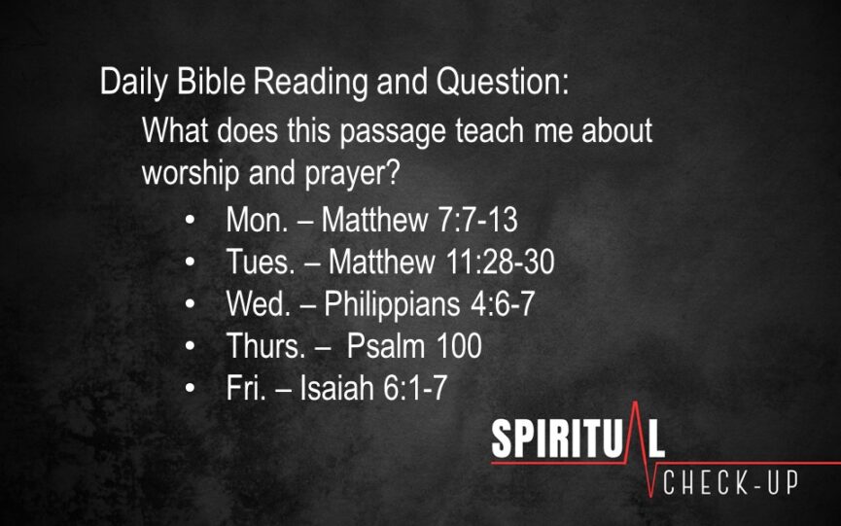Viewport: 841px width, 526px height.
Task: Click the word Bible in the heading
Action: [211, 81]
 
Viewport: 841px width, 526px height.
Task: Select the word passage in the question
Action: [393, 132]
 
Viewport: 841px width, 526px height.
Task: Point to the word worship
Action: [191, 174]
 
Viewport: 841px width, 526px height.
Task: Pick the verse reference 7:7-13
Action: [478, 220]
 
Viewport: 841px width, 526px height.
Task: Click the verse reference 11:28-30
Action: [501, 262]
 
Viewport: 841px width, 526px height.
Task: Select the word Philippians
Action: [392, 305]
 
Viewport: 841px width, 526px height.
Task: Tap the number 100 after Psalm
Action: [459, 346]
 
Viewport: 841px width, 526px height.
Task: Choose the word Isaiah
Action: [336, 387]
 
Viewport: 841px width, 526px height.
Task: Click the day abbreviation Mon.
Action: [257, 220]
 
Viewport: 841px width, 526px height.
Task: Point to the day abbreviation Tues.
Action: [261, 262]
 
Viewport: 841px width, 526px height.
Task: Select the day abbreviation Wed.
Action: [259, 303]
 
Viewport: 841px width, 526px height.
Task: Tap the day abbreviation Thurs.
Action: [266, 346]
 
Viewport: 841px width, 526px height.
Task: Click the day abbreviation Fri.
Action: [246, 387]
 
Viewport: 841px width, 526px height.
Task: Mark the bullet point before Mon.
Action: [190, 221]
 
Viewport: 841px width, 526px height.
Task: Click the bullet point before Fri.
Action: [190, 388]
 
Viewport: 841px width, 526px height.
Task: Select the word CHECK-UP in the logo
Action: [730, 482]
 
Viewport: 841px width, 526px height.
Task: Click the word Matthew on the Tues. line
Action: [382, 262]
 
